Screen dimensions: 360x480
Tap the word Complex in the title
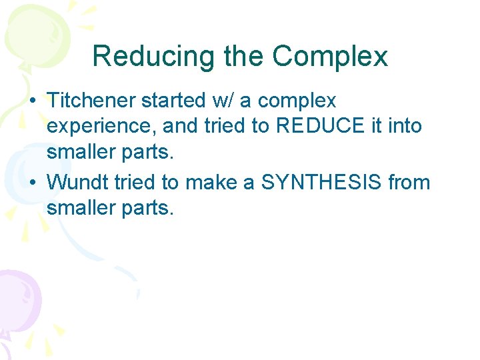tap(330, 57)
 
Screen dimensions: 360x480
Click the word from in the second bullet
tap(409, 182)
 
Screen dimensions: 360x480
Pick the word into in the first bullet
tap(405, 126)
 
